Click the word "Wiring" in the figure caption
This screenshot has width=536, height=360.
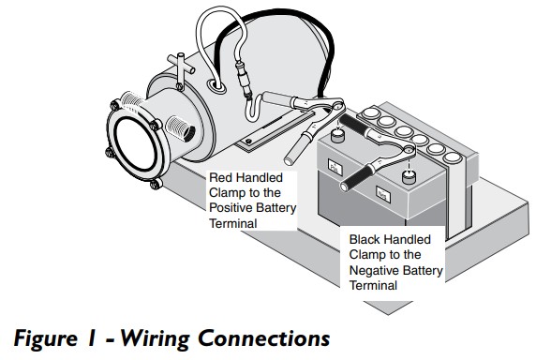coord(156,339)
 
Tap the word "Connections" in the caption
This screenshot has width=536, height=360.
coord(264,338)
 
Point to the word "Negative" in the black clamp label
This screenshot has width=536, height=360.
coord(373,270)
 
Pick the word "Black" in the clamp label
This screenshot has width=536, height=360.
coord(365,239)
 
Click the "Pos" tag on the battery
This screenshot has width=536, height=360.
coord(335,167)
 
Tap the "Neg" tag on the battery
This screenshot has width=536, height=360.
coord(383,194)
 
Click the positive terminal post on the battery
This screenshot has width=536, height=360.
coord(338,136)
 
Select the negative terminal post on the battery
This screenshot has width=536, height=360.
coord(409,177)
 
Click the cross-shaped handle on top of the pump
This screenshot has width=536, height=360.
coord(181,67)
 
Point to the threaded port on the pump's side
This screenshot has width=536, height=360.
coord(180,127)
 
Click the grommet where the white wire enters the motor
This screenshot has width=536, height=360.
coord(216,85)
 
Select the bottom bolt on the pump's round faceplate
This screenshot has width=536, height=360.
coord(156,185)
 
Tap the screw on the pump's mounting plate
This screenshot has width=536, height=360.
coord(249,141)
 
